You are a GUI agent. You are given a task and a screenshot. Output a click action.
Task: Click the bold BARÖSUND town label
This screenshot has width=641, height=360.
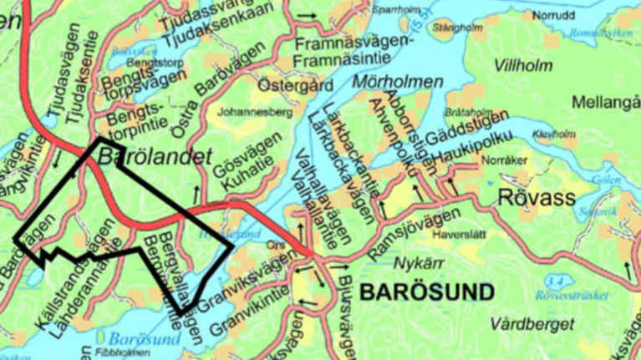pos(426,292)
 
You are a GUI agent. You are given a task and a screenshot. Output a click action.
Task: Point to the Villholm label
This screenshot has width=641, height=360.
pos(523,64)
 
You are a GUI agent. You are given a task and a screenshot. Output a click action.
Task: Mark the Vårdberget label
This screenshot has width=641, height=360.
pos(533,323)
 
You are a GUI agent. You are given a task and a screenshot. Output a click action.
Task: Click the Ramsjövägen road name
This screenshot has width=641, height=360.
pos(418,219)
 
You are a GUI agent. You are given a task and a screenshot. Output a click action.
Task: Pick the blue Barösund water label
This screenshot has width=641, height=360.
pos(144,339)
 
